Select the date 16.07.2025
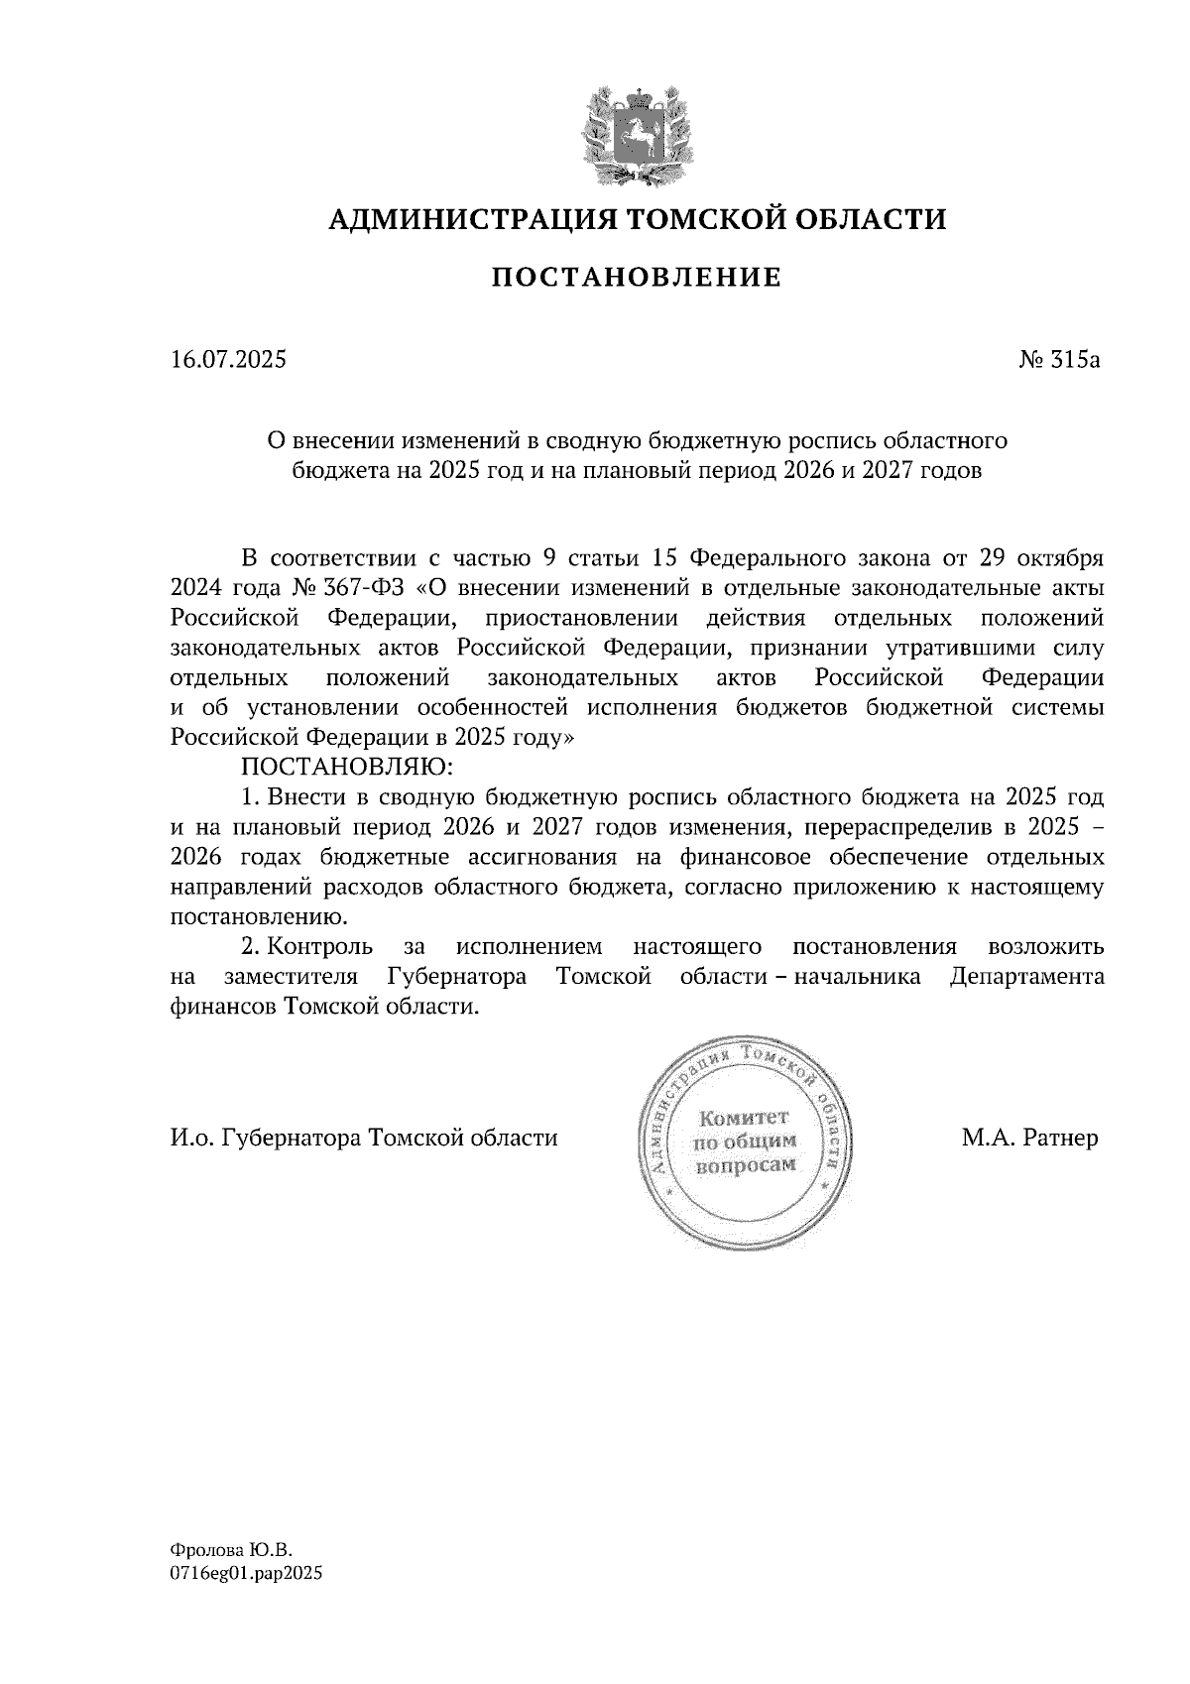(x=228, y=360)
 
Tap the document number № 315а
(x=1060, y=360)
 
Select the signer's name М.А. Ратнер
(x=1029, y=1138)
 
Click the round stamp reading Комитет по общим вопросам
(x=744, y=1141)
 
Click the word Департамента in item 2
(x=1026, y=976)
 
